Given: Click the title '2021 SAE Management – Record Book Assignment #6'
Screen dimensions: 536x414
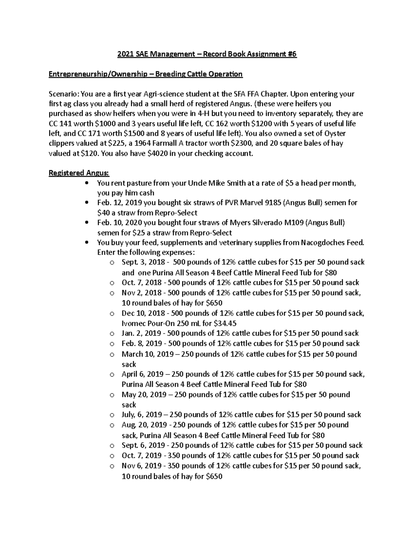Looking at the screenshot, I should tap(207, 54).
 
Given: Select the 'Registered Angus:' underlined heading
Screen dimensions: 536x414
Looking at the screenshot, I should tap(79, 173).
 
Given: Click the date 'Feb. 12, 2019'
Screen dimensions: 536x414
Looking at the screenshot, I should tap(119, 203).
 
